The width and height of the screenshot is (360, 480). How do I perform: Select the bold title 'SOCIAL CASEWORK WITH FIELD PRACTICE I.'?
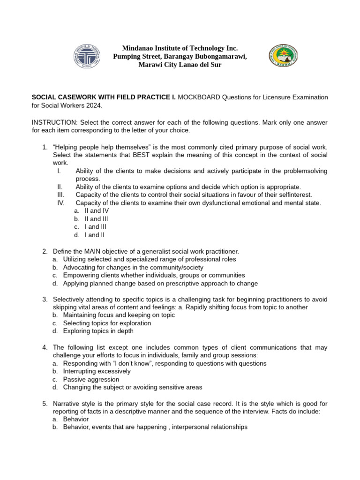pyautogui.click(x=104, y=97)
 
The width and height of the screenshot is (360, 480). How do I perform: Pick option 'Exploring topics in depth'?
pyautogui.click(x=98, y=331)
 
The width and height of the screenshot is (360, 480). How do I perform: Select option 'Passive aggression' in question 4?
pyautogui.click(x=91, y=379)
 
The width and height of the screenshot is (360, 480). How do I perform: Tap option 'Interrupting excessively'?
pyautogui.click(x=97, y=371)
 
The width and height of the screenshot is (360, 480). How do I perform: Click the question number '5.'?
pyautogui.click(x=45, y=403)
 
